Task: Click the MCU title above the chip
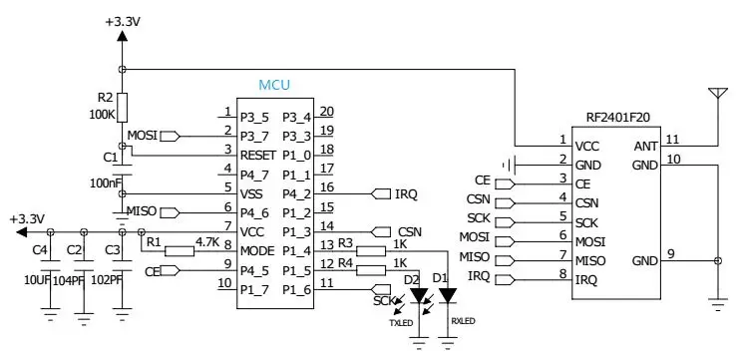[273, 87]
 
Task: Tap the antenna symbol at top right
[715, 96]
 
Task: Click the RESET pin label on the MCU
[258, 156]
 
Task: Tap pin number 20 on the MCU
[326, 112]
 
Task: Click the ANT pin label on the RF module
[645, 146]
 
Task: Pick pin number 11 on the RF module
[673, 140]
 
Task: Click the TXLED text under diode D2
[401, 322]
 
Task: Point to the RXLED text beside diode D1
[464, 321]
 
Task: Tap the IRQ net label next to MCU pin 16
[406, 192]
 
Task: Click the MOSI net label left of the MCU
[142, 135]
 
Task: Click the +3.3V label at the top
[122, 20]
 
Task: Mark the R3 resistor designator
[345, 242]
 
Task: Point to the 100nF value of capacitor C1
[106, 183]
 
